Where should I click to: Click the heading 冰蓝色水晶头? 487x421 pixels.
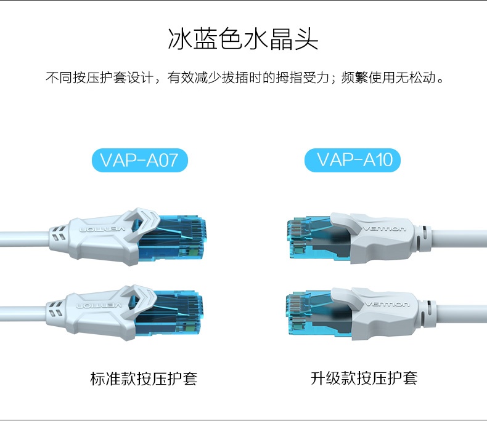[243, 39]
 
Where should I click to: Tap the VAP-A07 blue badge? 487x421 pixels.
[140, 160]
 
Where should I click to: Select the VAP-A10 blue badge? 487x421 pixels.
[353, 160]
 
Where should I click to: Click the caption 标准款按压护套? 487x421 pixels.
[144, 378]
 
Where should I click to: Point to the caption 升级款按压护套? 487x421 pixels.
[364, 378]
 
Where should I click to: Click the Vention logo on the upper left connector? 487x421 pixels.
[103, 230]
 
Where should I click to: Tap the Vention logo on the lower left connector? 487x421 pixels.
[99, 306]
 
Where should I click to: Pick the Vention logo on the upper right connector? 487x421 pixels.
[385, 229]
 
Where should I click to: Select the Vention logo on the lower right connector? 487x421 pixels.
[387, 305]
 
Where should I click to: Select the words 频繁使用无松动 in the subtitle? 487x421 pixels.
[389, 77]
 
